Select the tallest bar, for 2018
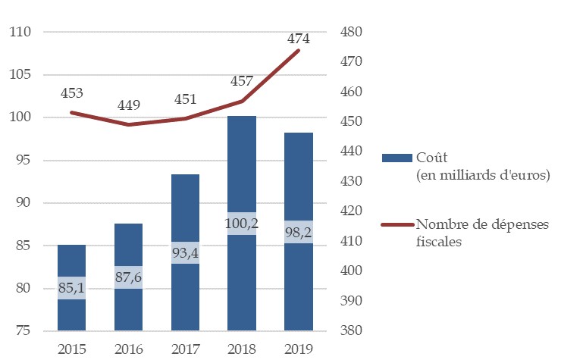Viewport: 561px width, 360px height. [x=242, y=167]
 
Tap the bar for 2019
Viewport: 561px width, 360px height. [x=299, y=182]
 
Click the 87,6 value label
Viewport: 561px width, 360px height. [x=128, y=277]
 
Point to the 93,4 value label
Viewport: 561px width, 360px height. [x=185, y=252]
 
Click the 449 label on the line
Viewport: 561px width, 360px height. [x=129, y=105]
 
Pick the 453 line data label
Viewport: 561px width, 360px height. [x=72, y=93]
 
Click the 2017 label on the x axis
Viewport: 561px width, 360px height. [x=185, y=349]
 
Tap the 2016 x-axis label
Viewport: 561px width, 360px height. [x=128, y=349]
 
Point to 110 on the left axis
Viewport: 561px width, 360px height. [x=20, y=33]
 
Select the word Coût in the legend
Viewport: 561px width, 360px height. [x=433, y=158]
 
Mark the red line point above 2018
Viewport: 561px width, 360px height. [x=242, y=101]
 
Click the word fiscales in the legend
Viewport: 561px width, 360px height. [x=439, y=242]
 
